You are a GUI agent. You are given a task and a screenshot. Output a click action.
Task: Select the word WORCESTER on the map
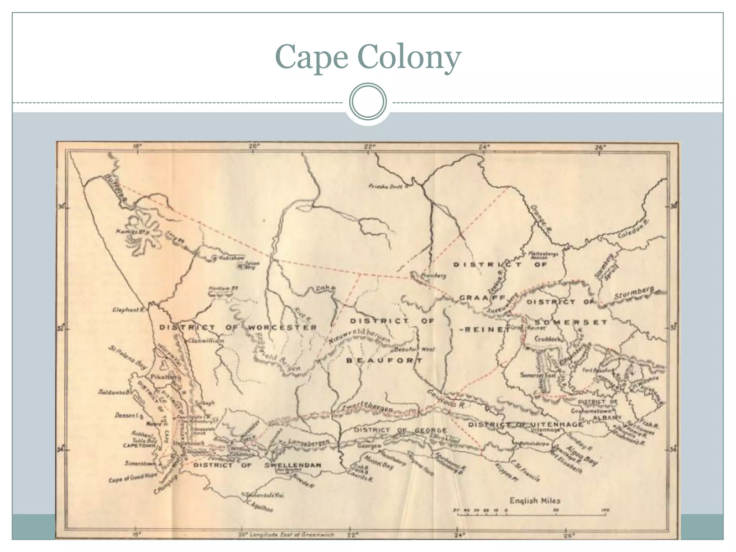pos(282,327)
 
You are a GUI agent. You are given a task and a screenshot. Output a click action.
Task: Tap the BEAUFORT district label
pos(384,360)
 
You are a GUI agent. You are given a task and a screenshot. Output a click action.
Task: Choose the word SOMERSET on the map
pos(571,322)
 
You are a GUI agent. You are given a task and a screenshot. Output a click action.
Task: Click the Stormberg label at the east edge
pos(634,293)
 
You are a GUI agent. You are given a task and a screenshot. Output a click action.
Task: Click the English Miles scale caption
pos(535,500)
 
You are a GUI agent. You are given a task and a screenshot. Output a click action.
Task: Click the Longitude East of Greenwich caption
pos(286,544)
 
